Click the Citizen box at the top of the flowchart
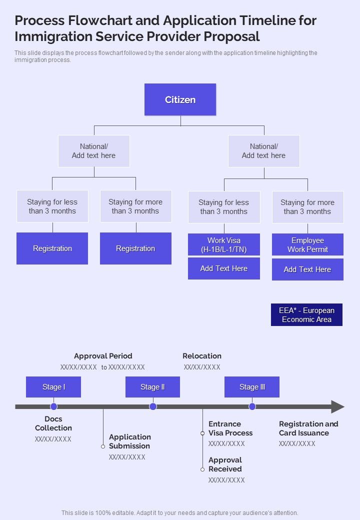click(180, 99)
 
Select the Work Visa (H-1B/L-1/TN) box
click(223, 245)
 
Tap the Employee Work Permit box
click(307, 245)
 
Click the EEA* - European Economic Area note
click(306, 315)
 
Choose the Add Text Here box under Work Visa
click(223, 268)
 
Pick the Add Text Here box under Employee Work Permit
click(307, 269)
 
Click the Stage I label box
click(53, 387)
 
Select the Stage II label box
click(152, 387)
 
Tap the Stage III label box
click(252, 387)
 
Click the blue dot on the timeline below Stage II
click(153, 406)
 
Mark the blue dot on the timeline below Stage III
click(252, 406)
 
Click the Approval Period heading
click(103, 356)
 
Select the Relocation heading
click(202, 356)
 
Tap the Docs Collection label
click(53, 423)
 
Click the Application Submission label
click(130, 441)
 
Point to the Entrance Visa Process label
click(230, 428)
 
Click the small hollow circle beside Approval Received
click(202, 469)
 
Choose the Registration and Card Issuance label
click(308, 428)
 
